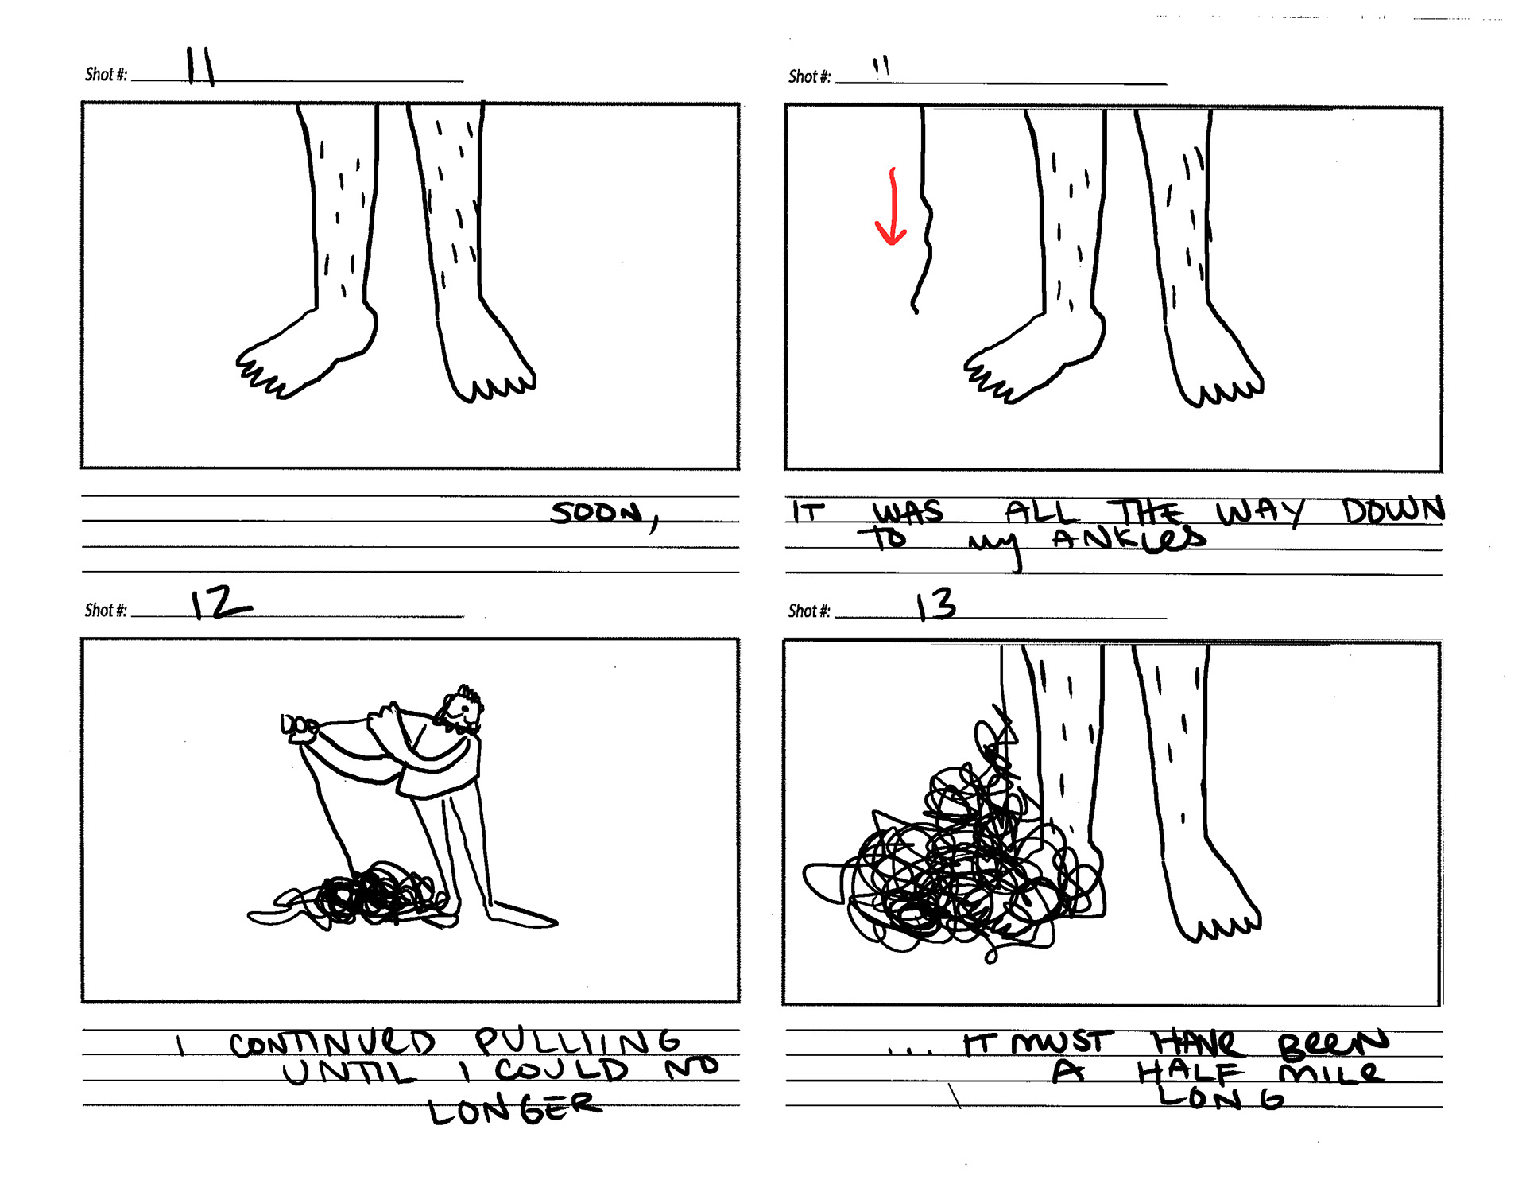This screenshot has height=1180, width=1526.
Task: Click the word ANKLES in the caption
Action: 1129,539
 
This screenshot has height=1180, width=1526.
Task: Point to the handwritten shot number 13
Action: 936,604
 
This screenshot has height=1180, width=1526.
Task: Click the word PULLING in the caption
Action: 578,1041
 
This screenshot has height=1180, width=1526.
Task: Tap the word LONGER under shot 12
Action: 515,1108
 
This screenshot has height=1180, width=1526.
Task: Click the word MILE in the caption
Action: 1331,1073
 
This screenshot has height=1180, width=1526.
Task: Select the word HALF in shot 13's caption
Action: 1190,1073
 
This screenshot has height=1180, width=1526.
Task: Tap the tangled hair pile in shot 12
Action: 362,897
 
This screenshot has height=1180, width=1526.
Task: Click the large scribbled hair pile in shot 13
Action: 954,851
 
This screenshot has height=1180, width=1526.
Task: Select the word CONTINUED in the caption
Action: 332,1043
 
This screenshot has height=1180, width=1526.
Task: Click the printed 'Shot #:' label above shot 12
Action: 106,611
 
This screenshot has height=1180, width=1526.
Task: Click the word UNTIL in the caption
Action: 350,1073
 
